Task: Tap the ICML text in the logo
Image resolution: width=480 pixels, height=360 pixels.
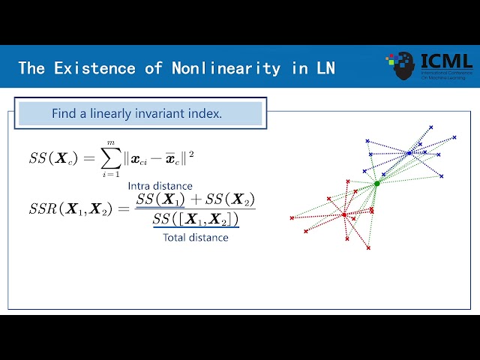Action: tap(447, 61)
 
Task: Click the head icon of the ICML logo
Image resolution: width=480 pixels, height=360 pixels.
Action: tap(402, 66)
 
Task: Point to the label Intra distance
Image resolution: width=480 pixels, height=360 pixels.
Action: tap(160, 186)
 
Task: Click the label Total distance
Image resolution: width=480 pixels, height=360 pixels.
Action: tap(196, 238)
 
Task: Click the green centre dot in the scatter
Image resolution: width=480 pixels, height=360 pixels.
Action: tap(377, 183)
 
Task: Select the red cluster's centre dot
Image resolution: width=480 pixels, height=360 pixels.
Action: tap(344, 214)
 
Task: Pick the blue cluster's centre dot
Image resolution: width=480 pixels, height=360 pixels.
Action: tap(409, 153)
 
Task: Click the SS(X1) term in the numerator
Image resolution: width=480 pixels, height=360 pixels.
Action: tap(160, 199)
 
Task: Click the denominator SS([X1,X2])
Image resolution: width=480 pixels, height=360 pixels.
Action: tap(196, 220)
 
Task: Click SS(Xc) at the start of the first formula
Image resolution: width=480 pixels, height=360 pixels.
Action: tap(53, 157)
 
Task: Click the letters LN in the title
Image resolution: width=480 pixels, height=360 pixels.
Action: tap(325, 68)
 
